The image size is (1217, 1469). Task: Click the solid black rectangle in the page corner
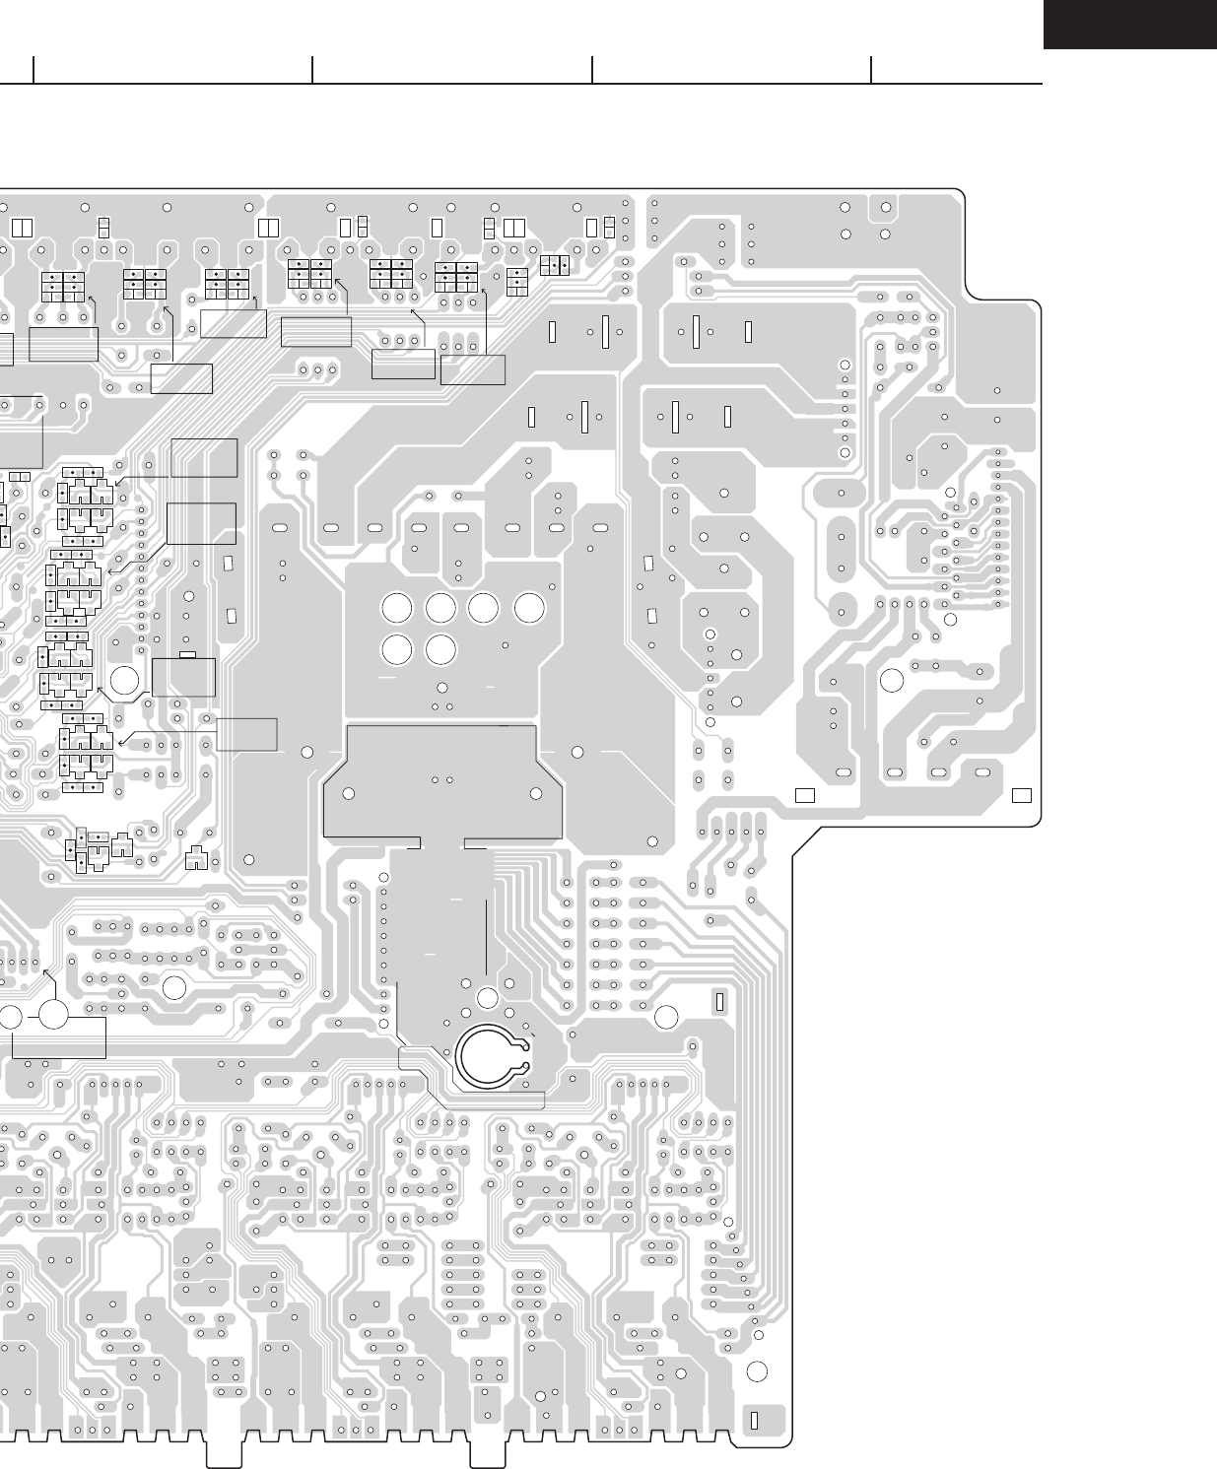coord(1130,24)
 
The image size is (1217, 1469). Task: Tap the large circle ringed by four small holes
coord(487,999)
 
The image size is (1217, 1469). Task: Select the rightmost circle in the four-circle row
coord(529,609)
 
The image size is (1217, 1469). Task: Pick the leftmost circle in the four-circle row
coord(396,609)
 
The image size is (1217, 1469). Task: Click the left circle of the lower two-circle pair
coord(396,649)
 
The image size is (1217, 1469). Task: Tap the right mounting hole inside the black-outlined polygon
coord(536,793)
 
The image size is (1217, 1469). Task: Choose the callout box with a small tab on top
coord(184,677)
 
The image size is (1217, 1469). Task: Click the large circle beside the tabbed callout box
coord(125,680)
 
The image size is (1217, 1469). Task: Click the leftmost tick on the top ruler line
coord(34,70)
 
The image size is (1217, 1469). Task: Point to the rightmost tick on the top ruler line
coord(872,70)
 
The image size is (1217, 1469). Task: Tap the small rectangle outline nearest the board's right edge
coord(1022,794)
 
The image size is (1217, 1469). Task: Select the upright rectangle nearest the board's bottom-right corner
coord(754,1421)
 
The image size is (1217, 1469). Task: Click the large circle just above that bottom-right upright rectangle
coord(757,1372)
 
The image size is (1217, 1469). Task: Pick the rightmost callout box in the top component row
coord(473,369)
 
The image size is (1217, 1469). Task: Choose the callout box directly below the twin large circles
coord(59,1037)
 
